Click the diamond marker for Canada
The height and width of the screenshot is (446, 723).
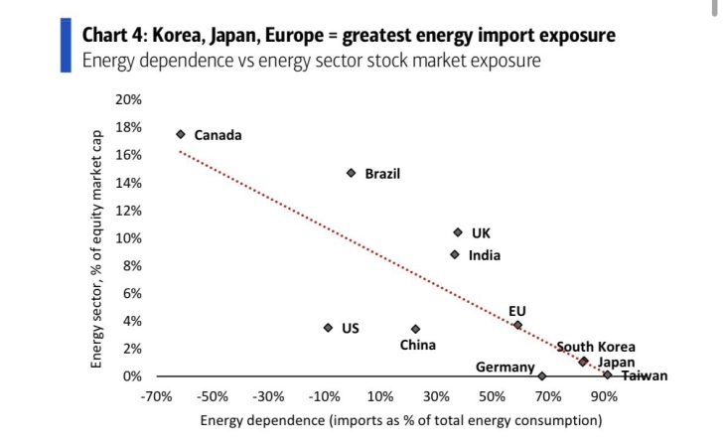click(x=181, y=134)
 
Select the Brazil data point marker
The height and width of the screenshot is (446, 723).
click(x=351, y=173)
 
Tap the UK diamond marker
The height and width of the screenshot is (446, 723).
click(x=458, y=232)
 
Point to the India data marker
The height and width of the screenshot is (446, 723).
click(x=455, y=254)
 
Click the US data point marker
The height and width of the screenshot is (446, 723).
click(x=328, y=328)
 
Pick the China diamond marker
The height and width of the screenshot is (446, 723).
click(x=415, y=329)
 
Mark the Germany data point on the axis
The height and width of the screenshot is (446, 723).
click(x=541, y=376)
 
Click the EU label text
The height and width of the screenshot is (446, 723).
click(x=516, y=311)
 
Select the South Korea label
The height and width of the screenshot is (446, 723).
click(x=595, y=347)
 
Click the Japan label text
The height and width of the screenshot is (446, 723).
click(x=616, y=363)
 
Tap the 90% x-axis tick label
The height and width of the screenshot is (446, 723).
click(x=605, y=395)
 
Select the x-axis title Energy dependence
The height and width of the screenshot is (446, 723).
click(x=400, y=420)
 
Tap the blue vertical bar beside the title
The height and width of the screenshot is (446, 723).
click(x=66, y=45)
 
